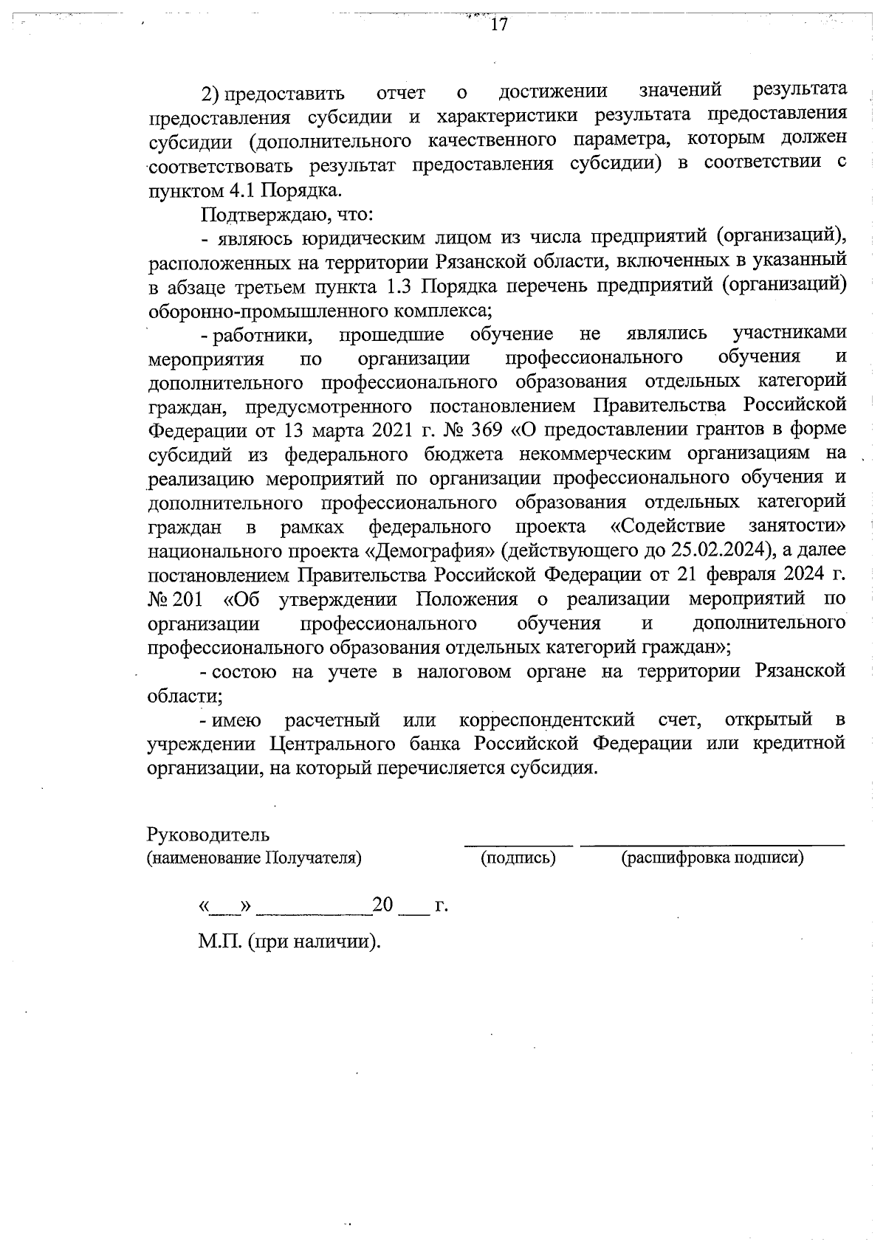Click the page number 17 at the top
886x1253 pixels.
click(x=499, y=24)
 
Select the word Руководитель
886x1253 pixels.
click(x=208, y=835)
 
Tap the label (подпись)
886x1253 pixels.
click(x=518, y=857)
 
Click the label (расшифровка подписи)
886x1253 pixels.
click(x=712, y=857)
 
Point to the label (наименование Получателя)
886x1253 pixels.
click(x=255, y=857)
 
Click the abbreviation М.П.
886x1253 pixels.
click(x=220, y=942)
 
